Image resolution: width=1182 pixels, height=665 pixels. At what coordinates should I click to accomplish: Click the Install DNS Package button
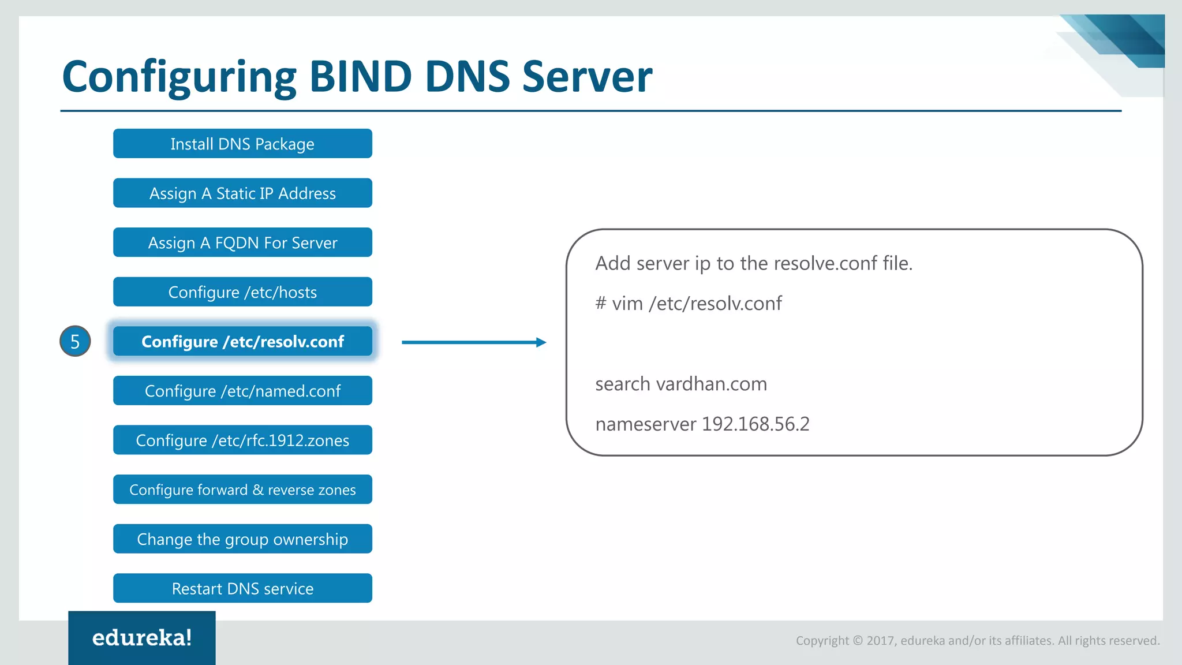[242, 144]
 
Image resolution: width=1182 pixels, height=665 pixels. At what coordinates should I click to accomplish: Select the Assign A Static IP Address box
[242, 193]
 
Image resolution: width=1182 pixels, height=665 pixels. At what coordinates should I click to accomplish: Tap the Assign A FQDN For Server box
[242, 242]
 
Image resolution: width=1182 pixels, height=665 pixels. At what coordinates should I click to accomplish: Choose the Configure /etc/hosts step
[242, 292]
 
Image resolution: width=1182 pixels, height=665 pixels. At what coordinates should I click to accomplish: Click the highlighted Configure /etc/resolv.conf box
[242, 342]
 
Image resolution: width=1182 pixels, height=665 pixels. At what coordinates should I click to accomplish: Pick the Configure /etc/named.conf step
[242, 391]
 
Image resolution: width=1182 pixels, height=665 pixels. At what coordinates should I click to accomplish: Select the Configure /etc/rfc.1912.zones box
[242, 440]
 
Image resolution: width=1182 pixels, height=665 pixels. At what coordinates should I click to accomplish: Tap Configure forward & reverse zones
[242, 490]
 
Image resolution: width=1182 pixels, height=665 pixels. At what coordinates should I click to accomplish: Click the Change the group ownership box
[242, 539]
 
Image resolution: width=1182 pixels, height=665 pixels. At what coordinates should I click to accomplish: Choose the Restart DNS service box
[242, 588]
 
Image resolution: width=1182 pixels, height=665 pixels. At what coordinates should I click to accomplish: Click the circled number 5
[75, 341]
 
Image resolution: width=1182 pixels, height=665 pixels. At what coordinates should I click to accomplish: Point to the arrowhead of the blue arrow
[541, 342]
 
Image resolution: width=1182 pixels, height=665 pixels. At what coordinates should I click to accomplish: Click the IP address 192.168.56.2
[755, 424]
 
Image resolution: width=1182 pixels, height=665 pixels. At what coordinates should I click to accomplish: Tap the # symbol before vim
[601, 303]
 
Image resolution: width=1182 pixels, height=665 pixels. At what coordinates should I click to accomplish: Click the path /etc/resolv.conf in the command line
[716, 304]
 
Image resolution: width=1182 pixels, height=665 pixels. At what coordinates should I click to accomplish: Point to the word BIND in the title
[361, 77]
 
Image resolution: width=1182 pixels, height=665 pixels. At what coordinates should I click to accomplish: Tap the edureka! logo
[142, 638]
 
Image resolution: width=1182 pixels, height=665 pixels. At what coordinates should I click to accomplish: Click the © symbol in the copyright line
[858, 641]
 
